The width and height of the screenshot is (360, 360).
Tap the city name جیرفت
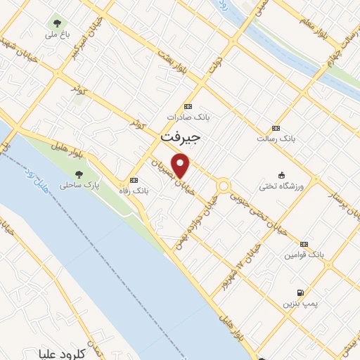click(x=181, y=139)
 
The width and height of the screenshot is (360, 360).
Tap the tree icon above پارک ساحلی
click(x=79, y=174)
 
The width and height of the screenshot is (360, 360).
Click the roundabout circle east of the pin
click(x=224, y=186)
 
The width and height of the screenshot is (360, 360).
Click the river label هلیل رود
click(x=37, y=181)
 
